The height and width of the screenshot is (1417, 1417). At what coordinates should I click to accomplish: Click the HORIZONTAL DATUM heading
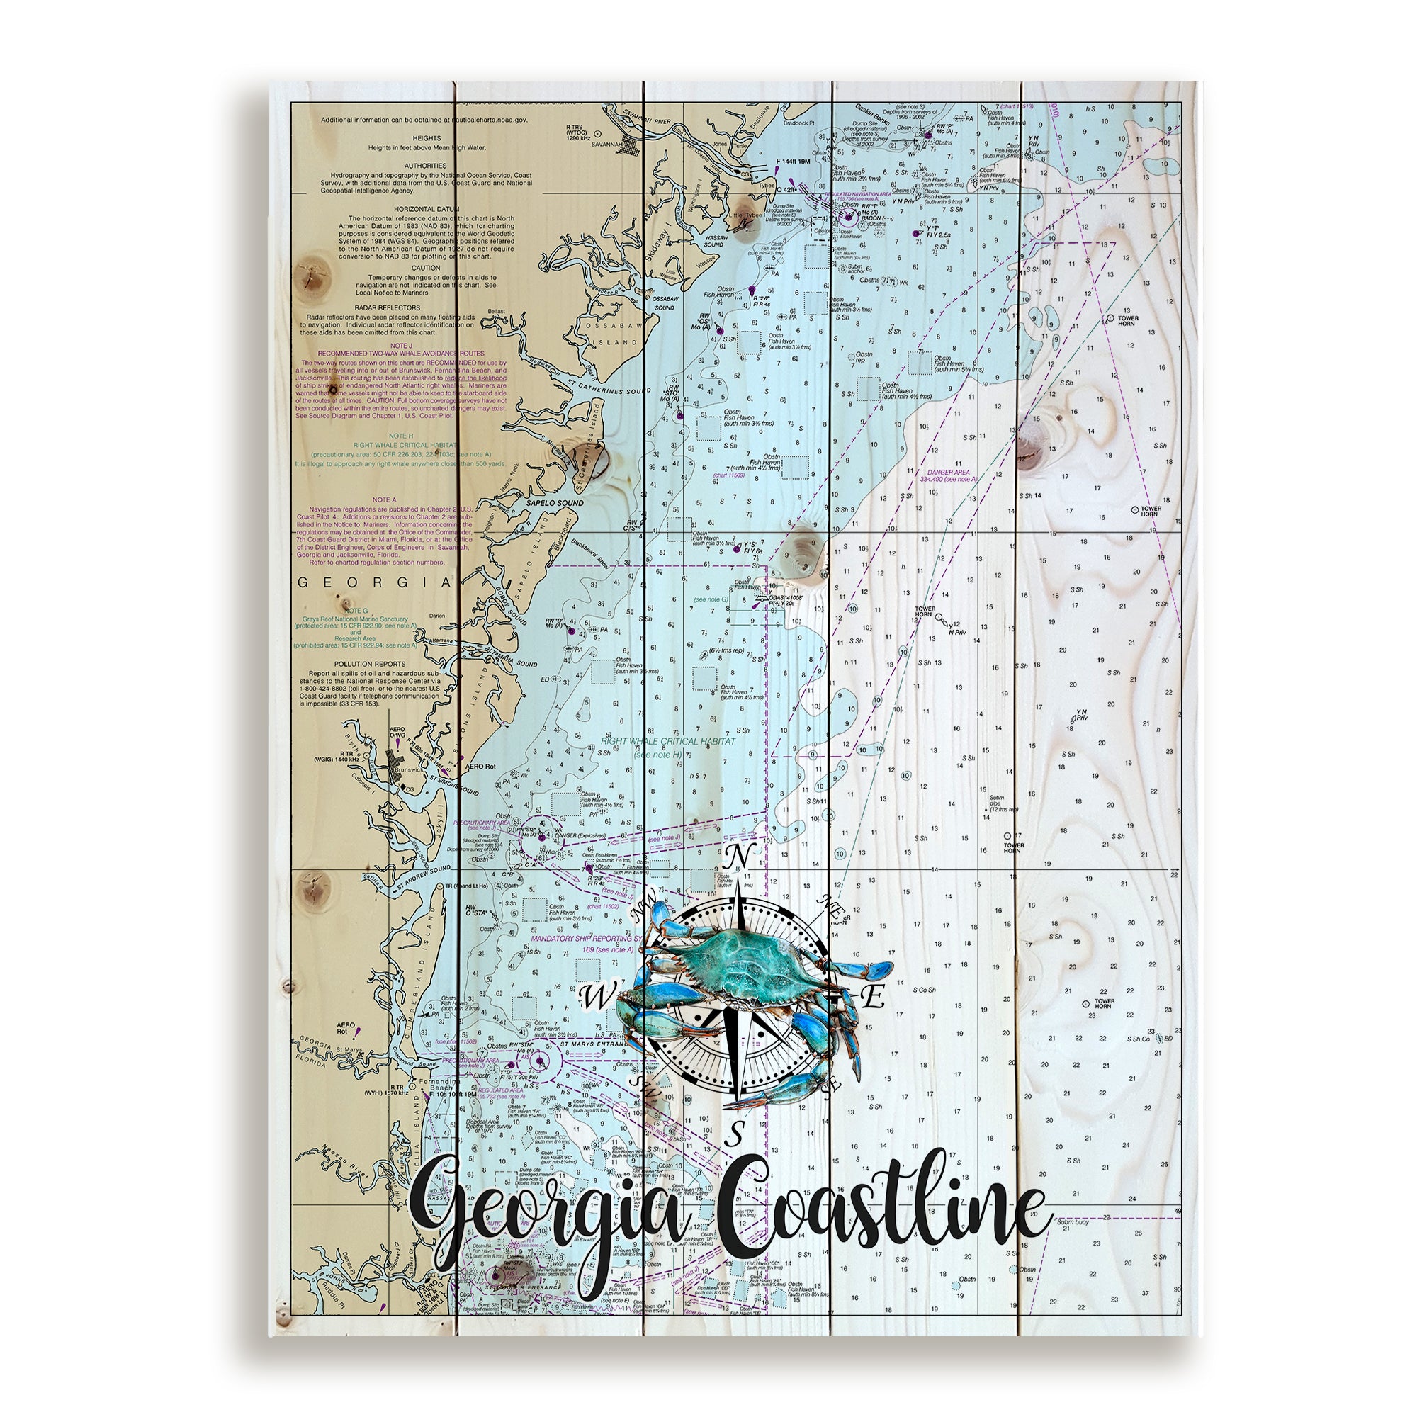coord(426,209)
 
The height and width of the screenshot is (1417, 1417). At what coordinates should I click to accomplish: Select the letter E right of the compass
coord(874,996)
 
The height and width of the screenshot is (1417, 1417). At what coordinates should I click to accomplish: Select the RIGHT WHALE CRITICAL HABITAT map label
coord(668,742)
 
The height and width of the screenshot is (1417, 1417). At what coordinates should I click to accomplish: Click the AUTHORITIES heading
coord(426,166)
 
